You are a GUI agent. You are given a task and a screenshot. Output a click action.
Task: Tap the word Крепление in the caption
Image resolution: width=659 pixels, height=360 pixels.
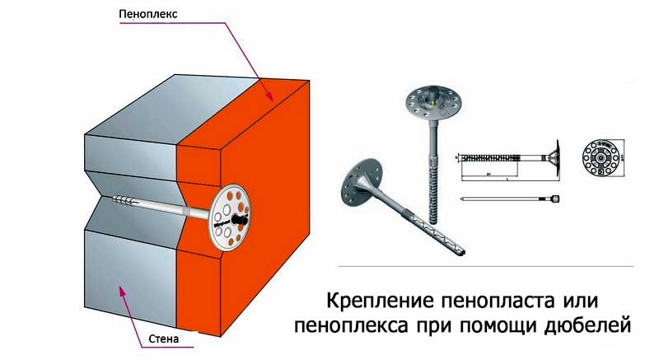point(377,297)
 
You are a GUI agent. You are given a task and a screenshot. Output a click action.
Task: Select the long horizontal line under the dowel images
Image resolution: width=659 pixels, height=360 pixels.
point(486,267)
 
